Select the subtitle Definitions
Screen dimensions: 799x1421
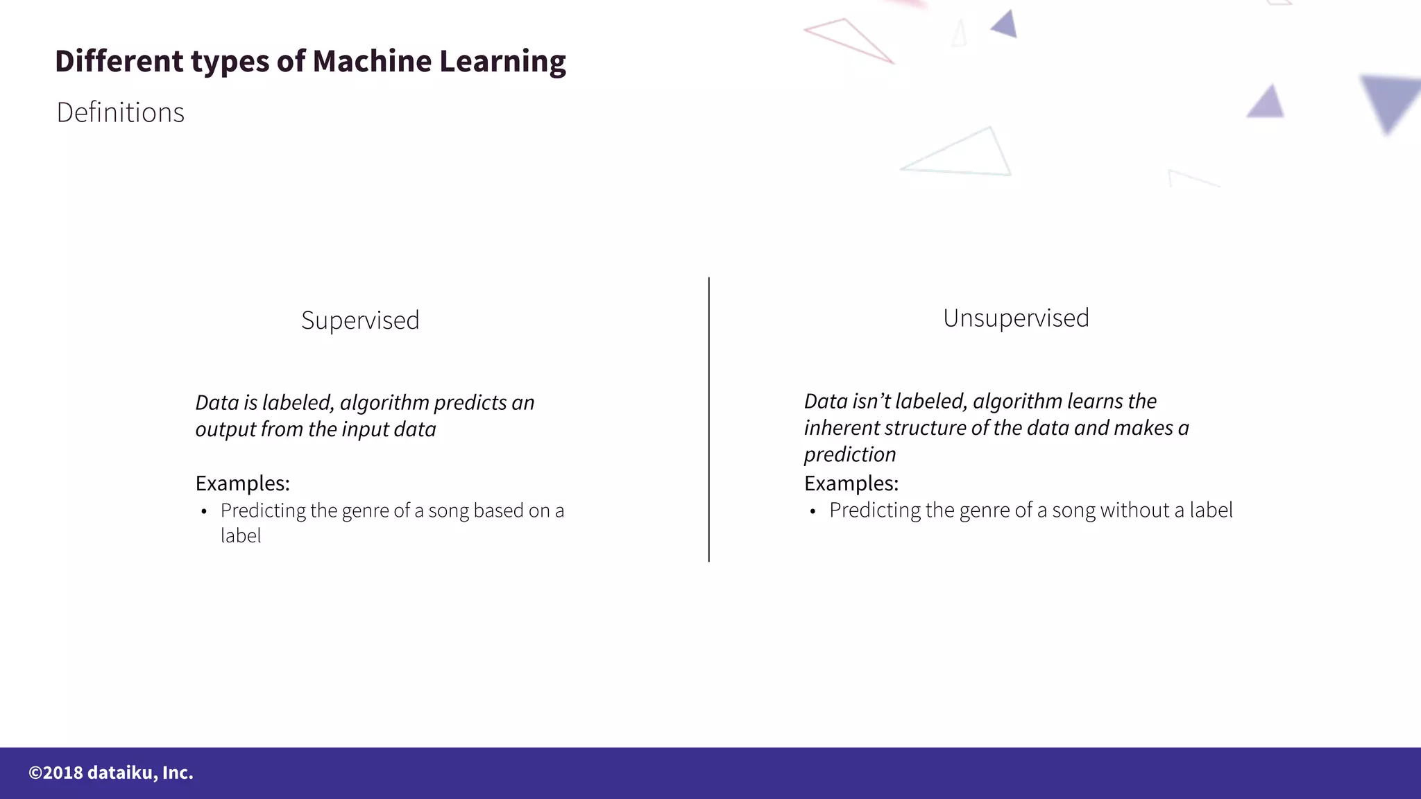pyautogui.click(x=121, y=112)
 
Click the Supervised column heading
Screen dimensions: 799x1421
pyautogui.click(x=360, y=320)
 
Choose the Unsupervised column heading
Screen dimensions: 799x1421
pyautogui.click(x=1016, y=318)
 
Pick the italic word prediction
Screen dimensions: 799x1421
pyautogui.click(x=850, y=455)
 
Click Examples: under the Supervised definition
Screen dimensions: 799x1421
pyautogui.click(x=242, y=483)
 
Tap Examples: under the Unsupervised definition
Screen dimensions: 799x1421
pyautogui.click(x=851, y=483)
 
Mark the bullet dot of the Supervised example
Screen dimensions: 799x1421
pyautogui.click(x=204, y=513)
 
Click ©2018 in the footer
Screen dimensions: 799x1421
pyautogui.click(x=56, y=773)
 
